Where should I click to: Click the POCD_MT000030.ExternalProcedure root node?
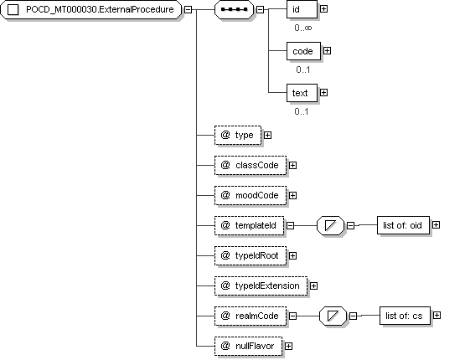point(90,10)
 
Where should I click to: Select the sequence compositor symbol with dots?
point(234,10)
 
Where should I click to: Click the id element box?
point(302,9)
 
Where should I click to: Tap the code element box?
point(303,51)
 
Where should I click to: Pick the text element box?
point(302,93)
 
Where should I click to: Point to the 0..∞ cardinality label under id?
point(303,28)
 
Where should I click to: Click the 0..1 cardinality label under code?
point(303,69)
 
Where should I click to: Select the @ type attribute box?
point(238,136)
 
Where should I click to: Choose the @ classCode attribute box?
point(251,165)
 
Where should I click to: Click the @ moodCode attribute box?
point(251,196)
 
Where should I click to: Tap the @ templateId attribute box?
point(249,226)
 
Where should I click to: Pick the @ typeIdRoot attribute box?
point(251,255)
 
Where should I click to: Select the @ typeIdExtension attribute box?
point(261,286)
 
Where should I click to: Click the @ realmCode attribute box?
point(251,316)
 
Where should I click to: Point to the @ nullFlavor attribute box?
point(249,346)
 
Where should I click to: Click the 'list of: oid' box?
point(403,225)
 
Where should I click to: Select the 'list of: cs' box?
point(406,316)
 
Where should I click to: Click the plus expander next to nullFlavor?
point(288,346)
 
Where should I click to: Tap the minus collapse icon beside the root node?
point(188,10)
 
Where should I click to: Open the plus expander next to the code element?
point(327,51)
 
